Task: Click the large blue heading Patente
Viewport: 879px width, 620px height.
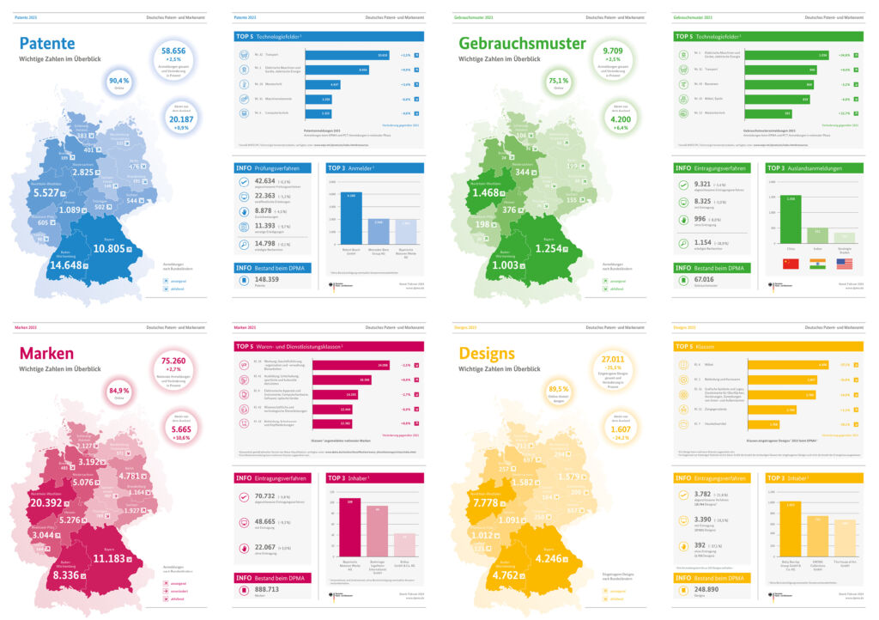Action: [47, 44]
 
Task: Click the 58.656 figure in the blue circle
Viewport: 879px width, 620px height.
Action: [179, 51]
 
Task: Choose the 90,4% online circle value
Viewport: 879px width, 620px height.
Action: [119, 81]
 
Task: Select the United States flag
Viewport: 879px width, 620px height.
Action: [845, 264]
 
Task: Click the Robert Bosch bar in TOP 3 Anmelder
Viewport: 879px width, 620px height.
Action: [351, 217]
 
